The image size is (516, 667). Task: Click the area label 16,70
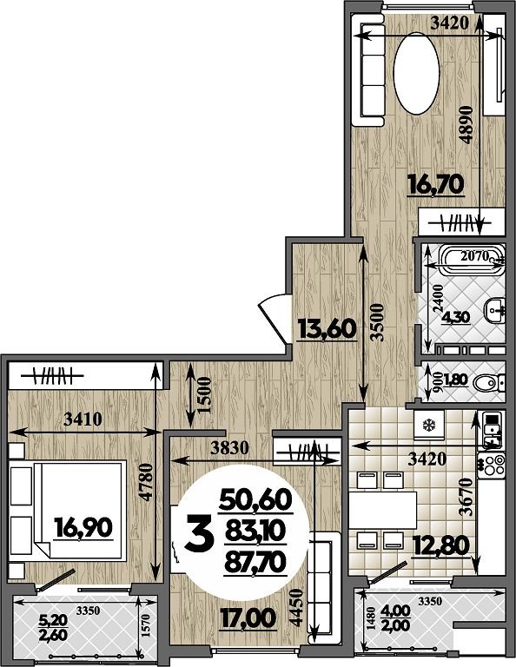[x=435, y=185]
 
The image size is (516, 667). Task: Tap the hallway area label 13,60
[x=327, y=329]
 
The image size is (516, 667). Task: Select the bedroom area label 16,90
[x=83, y=528]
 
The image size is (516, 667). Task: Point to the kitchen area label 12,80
[x=441, y=545]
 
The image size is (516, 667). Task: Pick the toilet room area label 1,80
[x=455, y=380]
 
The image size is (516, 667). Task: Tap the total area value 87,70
[x=255, y=563]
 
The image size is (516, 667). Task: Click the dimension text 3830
[x=229, y=447]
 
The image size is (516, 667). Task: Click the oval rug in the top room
[x=416, y=73]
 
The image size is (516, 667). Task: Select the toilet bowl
[x=486, y=384]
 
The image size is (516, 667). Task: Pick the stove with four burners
[x=492, y=464]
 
